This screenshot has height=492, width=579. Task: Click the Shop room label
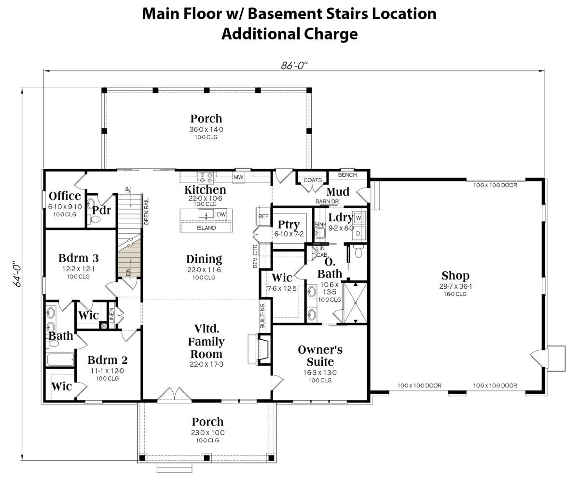[x=455, y=276]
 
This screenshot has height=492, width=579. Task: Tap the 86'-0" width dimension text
[x=294, y=66]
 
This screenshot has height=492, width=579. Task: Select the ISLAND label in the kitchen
[x=206, y=228]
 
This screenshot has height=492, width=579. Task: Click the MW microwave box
[x=239, y=177]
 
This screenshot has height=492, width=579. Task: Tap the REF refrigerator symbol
[x=263, y=216]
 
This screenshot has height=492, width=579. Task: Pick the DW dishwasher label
[x=221, y=214]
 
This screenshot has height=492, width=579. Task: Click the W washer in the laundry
[x=359, y=218]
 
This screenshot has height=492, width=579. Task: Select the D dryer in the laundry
[x=358, y=233]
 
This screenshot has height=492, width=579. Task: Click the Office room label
[x=65, y=196]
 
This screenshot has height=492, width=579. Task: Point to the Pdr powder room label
[x=101, y=210]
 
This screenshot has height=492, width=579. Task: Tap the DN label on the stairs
[x=128, y=272]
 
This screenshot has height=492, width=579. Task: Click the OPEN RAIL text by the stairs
[x=146, y=212]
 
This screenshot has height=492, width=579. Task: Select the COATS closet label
[x=313, y=180]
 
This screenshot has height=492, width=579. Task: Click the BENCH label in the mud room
[x=347, y=175]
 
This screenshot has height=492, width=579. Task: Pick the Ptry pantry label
[x=289, y=225]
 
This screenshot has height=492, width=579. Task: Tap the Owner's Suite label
[x=320, y=356]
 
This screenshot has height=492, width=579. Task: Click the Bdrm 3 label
[x=79, y=258]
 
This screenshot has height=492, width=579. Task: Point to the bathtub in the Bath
[x=61, y=359]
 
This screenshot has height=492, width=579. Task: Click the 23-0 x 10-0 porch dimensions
[x=207, y=433]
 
